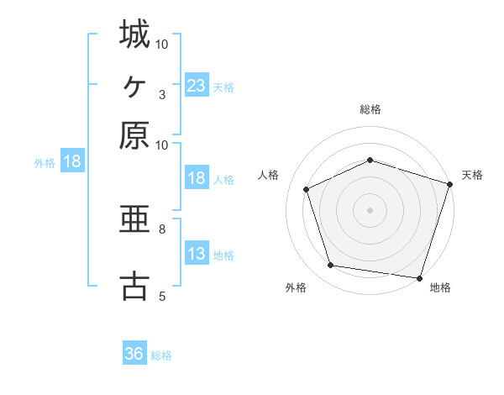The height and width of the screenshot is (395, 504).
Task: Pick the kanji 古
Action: (x=134, y=286)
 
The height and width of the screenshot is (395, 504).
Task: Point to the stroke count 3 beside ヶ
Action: (x=162, y=94)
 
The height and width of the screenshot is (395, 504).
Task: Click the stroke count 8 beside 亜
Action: (x=162, y=228)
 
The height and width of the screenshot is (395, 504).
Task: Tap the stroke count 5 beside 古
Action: (x=162, y=295)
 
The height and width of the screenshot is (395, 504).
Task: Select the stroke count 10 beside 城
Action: (x=162, y=44)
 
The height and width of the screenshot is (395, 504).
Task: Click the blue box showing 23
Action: (x=196, y=85)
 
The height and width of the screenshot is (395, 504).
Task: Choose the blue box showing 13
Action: (x=196, y=254)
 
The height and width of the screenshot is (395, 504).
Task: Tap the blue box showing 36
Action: (x=134, y=354)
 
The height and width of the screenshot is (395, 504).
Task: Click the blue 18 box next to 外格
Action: (x=71, y=161)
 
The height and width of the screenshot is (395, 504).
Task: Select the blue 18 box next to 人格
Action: (x=196, y=178)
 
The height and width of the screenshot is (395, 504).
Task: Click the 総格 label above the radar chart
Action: (x=370, y=109)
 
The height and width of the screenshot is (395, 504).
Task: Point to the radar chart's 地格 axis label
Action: (x=440, y=287)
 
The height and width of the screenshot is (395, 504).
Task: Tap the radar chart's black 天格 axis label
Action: (x=472, y=175)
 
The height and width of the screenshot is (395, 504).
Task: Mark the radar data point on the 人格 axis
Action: (x=307, y=189)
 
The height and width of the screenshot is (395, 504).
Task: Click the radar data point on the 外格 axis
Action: (x=331, y=266)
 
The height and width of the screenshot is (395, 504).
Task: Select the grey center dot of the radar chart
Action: (x=370, y=209)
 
